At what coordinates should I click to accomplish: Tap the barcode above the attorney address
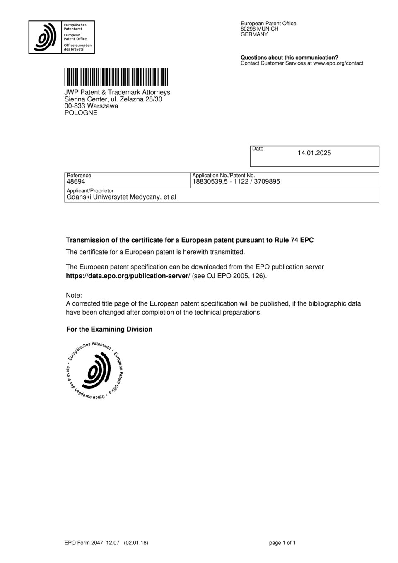coord(116,77)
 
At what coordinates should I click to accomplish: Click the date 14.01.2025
coord(314,153)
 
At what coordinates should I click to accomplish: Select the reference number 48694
coord(76,182)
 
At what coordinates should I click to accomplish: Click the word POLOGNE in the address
coord(81,113)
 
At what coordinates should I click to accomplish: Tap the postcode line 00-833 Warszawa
coord(91,106)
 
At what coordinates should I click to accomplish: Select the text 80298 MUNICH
coord(259,29)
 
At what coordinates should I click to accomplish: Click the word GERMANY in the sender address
coord(254,34)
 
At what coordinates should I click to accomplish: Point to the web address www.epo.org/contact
coord(338,63)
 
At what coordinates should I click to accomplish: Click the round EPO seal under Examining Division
coord(95,371)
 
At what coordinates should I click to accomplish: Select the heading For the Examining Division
coord(109,330)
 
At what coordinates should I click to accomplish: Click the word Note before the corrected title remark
coord(73,295)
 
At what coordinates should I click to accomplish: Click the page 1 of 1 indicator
coord(282,543)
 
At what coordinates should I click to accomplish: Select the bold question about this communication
coord(289,58)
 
